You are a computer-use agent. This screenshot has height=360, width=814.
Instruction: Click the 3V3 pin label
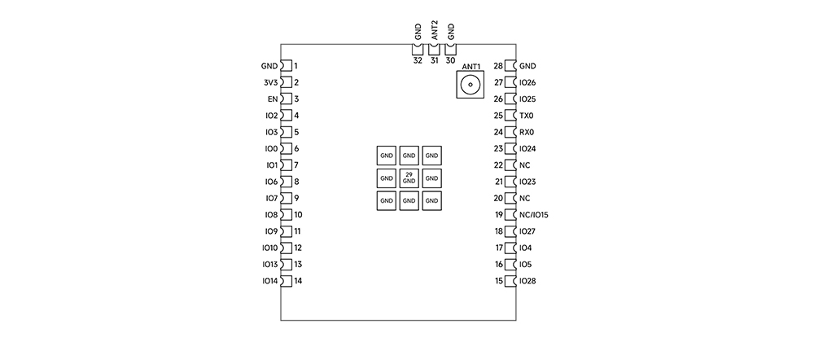pyautogui.click(x=270, y=82)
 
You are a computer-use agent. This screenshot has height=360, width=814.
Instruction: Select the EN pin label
pyautogui.click(x=273, y=99)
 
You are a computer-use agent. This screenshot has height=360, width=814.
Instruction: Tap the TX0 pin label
pyautogui.click(x=527, y=116)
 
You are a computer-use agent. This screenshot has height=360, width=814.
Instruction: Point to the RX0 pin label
pyautogui.click(x=527, y=132)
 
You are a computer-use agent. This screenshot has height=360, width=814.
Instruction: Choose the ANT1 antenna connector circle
pyautogui.click(x=469, y=84)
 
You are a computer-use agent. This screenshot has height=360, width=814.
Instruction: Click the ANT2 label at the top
pyautogui.click(x=435, y=31)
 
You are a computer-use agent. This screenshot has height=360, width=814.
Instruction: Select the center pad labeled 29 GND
pyautogui.click(x=409, y=178)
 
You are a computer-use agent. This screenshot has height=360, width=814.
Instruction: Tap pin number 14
pyautogui.click(x=299, y=281)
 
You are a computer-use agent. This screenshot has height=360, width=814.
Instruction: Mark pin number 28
pyautogui.click(x=498, y=66)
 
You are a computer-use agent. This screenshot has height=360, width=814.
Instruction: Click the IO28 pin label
pyautogui.click(x=527, y=281)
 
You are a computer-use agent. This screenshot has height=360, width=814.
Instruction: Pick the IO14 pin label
pyautogui.click(x=269, y=281)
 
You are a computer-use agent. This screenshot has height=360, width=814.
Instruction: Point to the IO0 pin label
pyautogui.click(x=271, y=149)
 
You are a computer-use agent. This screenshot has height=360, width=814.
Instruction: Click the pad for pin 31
pyautogui.click(x=434, y=49)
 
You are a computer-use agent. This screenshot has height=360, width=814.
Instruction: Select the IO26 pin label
pyautogui.click(x=527, y=82)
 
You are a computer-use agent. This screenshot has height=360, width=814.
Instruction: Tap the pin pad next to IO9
pyautogui.click(x=286, y=231)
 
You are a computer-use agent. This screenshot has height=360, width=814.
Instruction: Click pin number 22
pyautogui.click(x=498, y=165)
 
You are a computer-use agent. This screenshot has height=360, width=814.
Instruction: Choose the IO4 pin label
pyautogui.click(x=525, y=248)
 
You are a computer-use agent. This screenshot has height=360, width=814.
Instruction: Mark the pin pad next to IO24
pyautogui.click(x=511, y=149)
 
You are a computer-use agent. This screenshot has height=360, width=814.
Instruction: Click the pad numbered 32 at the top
pyautogui.click(x=418, y=49)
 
